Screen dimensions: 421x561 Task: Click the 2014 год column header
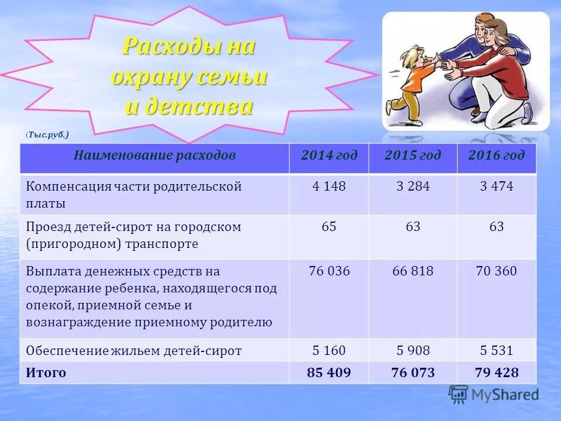pyautogui.click(x=329, y=156)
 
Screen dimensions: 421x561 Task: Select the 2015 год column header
pyautogui.click(x=413, y=156)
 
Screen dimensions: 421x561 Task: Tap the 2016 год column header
pyautogui.click(x=496, y=156)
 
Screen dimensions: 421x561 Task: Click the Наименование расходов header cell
pyautogui.click(x=154, y=156)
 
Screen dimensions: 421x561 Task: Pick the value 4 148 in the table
pyautogui.click(x=329, y=187)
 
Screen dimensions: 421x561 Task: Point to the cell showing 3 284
pyautogui.click(x=413, y=187)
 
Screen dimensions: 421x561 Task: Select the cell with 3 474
pyautogui.click(x=496, y=187)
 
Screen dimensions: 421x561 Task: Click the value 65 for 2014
pyautogui.click(x=329, y=227)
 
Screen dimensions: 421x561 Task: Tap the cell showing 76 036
pyautogui.click(x=329, y=271)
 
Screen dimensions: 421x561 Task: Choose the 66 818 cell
pyautogui.click(x=413, y=271)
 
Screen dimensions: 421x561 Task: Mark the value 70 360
pyautogui.click(x=496, y=271)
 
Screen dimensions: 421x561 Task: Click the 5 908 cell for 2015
pyautogui.click(x=413, y=351)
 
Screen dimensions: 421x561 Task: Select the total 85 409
pyautogui.click(x=329, y=373)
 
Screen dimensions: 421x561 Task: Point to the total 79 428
pyautogui.click(x=496, y=373)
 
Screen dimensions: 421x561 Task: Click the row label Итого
pyautogui.click(x=46, y=373)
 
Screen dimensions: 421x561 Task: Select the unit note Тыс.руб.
pyautogui.click(x=47, y=135)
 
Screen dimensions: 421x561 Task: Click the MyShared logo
pyautogui.click(x=494, y=394)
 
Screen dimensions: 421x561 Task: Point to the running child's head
pyautogui.click(x=411, y=57)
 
